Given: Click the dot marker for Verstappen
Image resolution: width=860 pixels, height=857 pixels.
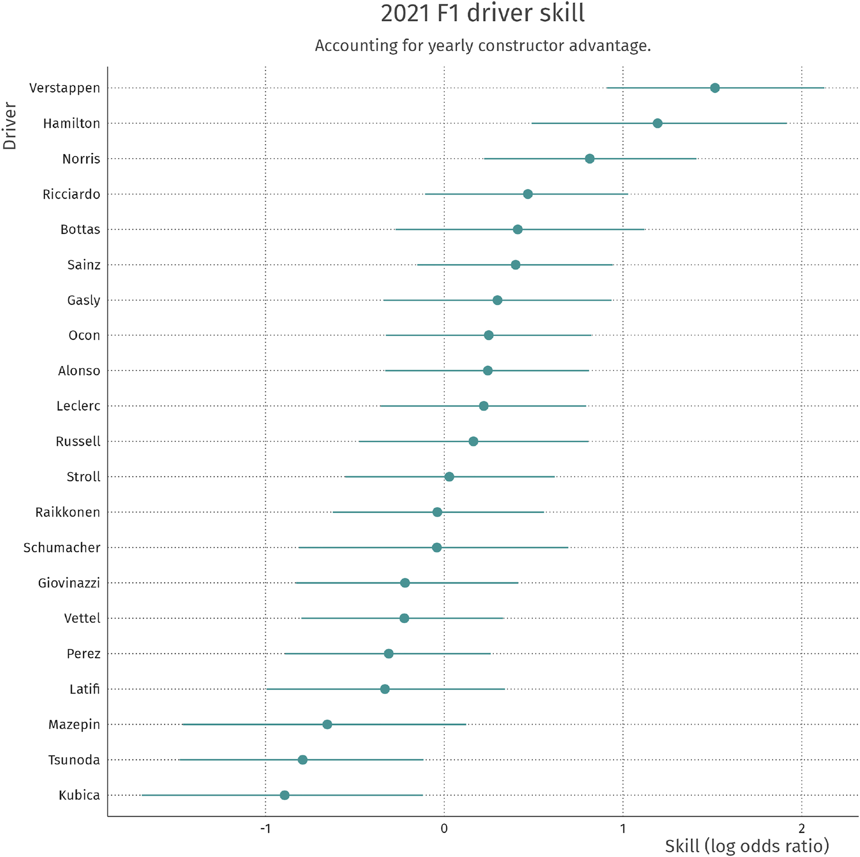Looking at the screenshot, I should point(714,88).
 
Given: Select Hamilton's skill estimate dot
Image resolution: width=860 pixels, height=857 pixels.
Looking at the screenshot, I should point(657,124).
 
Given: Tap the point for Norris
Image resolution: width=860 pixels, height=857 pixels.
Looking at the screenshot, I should point(589,159).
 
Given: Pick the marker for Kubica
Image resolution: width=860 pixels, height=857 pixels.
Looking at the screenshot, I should point(285,795).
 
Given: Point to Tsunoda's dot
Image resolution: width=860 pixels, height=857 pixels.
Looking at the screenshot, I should point(302,759).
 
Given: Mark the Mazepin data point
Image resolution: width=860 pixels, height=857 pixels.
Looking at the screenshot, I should point(327,724).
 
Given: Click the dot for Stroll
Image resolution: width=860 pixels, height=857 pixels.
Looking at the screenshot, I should point(449,477).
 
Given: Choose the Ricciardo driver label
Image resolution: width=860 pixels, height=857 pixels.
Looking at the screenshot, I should point(71,194).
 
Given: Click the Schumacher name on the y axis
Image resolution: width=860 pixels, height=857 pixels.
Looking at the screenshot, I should point(62,547).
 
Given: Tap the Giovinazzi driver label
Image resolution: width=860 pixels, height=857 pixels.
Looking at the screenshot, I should point(69,583).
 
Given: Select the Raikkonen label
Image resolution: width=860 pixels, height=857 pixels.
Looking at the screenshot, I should point(67,512).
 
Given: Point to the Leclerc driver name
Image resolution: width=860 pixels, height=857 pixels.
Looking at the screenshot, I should point(78,406).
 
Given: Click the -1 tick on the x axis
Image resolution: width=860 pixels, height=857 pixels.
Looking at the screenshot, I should point(265,829).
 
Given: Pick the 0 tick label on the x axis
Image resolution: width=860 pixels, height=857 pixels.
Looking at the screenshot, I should point(444,829).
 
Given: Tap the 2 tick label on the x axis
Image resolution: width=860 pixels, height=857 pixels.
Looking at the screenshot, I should point(801,829).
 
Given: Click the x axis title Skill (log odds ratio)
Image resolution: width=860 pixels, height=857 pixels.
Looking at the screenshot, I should point(747,846).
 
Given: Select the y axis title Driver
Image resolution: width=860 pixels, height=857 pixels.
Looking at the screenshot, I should point(10,126).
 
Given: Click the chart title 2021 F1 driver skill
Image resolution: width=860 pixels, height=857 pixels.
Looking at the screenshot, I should point(483,13).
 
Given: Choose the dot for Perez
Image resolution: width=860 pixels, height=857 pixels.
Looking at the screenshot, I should point(388,654).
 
